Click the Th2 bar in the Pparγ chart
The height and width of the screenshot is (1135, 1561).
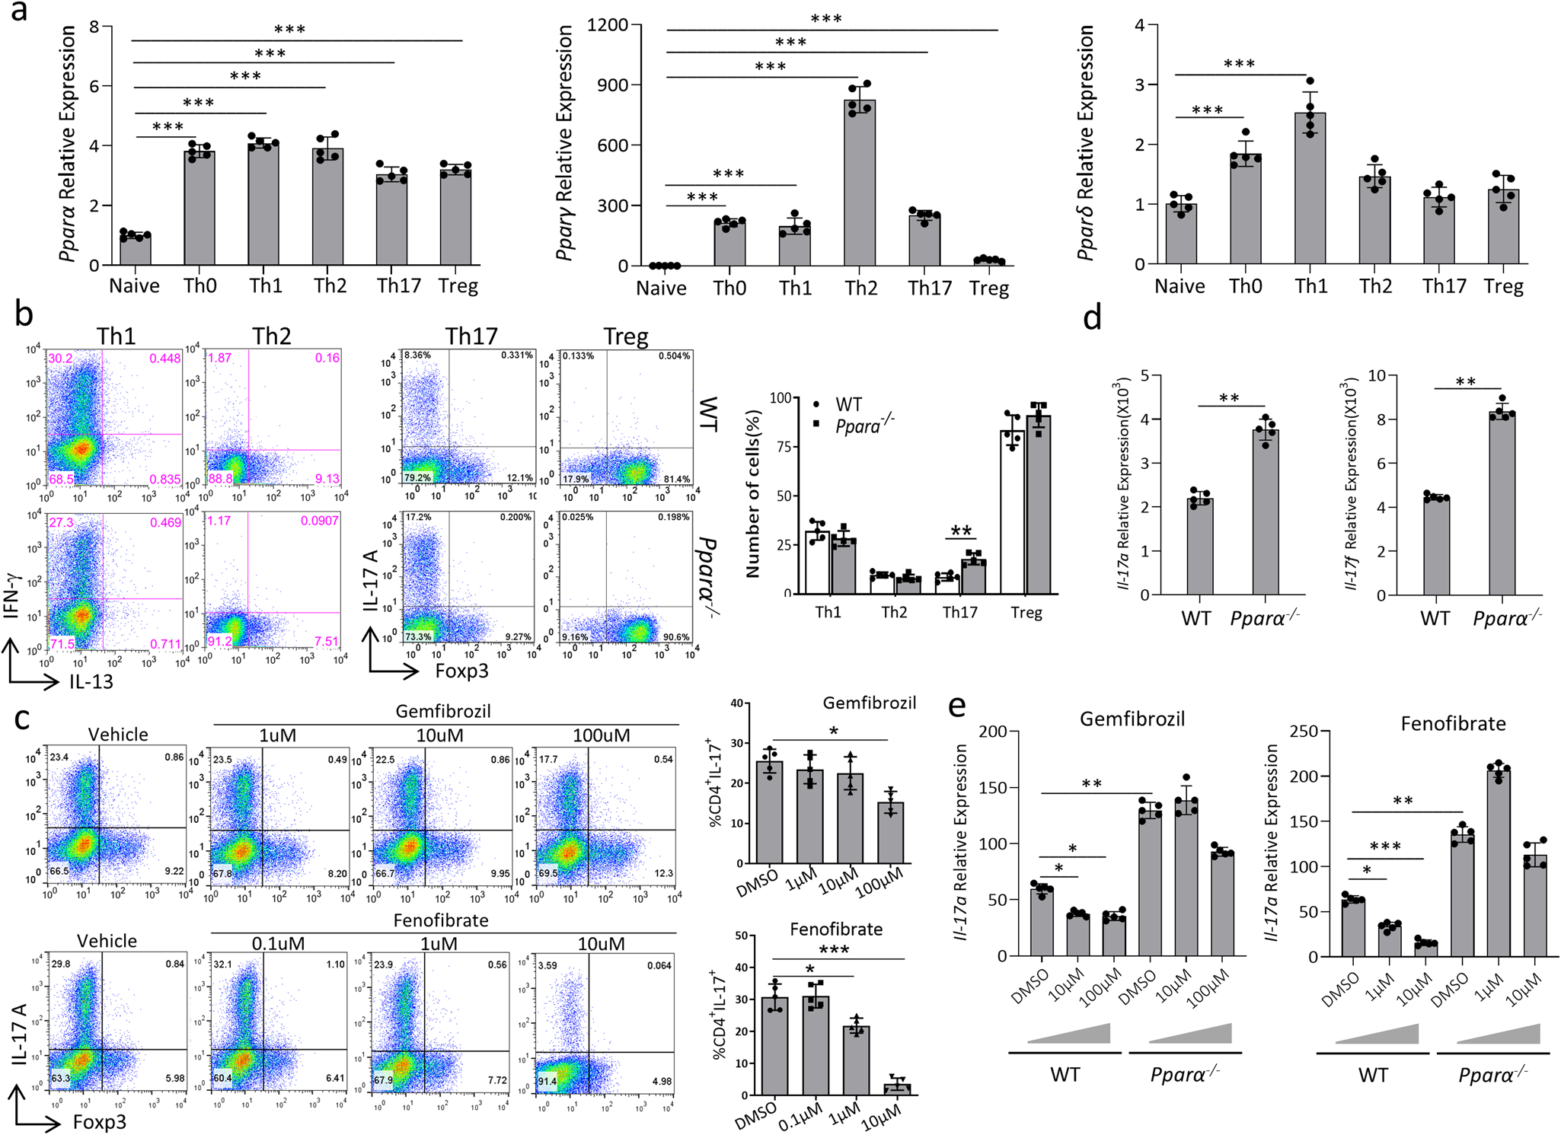coord(859,183)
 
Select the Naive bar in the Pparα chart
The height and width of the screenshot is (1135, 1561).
coord(135,250)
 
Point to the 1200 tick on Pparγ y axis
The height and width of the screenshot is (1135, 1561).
coord(607,25)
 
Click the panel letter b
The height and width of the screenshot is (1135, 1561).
coord(24,314)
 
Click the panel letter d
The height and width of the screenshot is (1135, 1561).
coord(1092,317)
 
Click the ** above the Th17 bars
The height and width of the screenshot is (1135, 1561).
coord(961,531)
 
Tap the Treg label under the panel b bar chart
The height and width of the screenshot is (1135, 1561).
coord(1026,613)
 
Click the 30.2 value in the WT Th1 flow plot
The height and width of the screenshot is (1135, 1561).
coord(61,359)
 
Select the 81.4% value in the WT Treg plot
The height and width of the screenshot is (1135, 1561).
coord(676,479)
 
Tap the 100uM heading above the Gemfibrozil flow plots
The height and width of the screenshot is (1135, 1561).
coord(601,735)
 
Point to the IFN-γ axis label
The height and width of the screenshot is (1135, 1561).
coord(12,596)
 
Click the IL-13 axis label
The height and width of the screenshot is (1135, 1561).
coord(91,681)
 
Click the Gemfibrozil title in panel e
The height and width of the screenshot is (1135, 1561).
coord(1132,719)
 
